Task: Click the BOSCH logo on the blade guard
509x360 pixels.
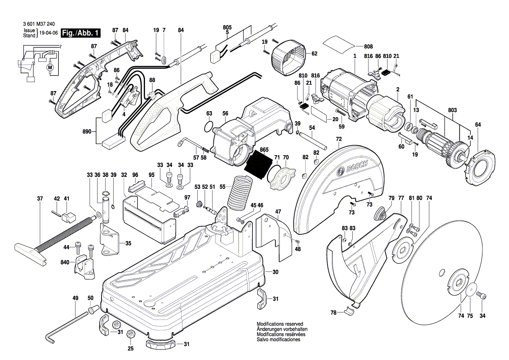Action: pyautogui.click(x=355, y=168)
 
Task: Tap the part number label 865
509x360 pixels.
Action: pyautogui.click(x=264, y=150)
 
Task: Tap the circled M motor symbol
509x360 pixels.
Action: pyautogui.click(x=49, y=67)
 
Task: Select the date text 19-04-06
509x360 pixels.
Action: pyautogui.click(x=48, y=33)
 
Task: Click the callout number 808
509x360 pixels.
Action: pyautogui.click(x=368, y=46)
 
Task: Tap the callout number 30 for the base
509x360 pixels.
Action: pyautogui.click(x=275, y=272)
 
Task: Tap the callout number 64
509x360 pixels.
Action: pyautogui.click(x=478, y=125)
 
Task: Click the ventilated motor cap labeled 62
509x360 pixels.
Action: pyautogui.click(x=288, y=54)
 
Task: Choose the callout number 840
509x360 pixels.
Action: pyautogui.click(x=65, y=263)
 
